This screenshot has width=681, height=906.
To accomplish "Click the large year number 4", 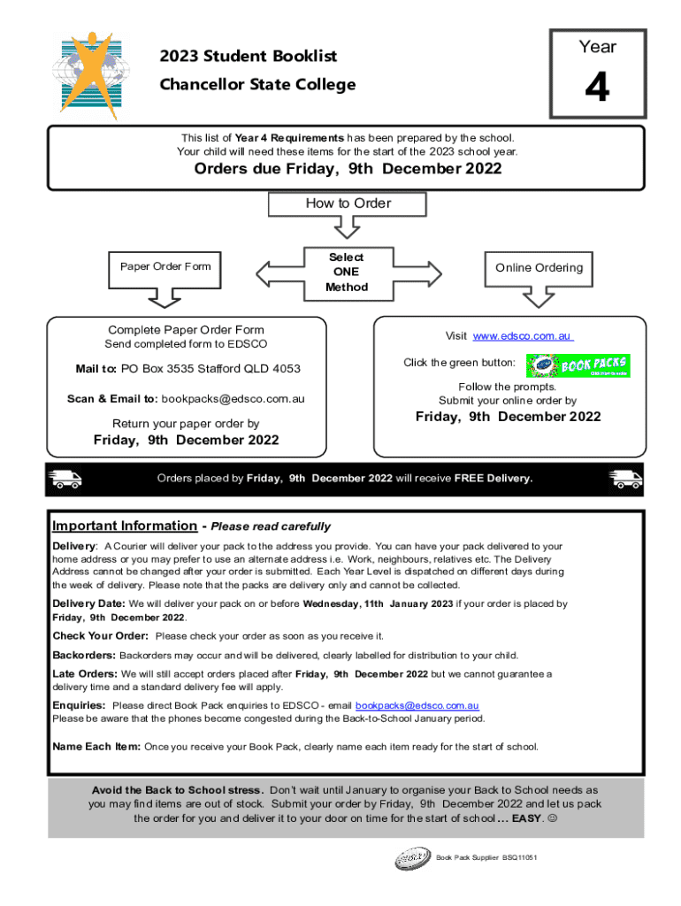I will coord(598,88).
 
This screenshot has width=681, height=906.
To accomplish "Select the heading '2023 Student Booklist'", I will coord(248,57).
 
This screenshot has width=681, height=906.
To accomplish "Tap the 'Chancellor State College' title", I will coord(257,85).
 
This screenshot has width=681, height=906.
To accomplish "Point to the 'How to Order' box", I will coord(347,203).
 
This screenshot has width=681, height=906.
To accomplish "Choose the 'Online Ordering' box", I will coord(539,268).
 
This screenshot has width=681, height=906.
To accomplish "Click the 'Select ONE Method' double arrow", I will coord(346,272).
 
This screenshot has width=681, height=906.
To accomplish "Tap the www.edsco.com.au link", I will coord(523,336).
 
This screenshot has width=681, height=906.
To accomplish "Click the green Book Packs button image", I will coord(578,365).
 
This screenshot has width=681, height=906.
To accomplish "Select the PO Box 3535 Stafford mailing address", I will coord(210,369).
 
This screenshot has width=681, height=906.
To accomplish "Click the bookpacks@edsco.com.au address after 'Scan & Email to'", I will coord(232,399).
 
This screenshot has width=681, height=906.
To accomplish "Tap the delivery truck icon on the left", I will coord(66,479).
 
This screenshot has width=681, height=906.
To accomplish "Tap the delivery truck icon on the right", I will coord(624,479).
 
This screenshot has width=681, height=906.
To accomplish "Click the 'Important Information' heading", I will coord(125,526).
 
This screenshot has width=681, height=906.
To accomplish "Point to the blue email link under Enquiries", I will coord(417,705).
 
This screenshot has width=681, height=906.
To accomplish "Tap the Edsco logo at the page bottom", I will coord(413,858).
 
